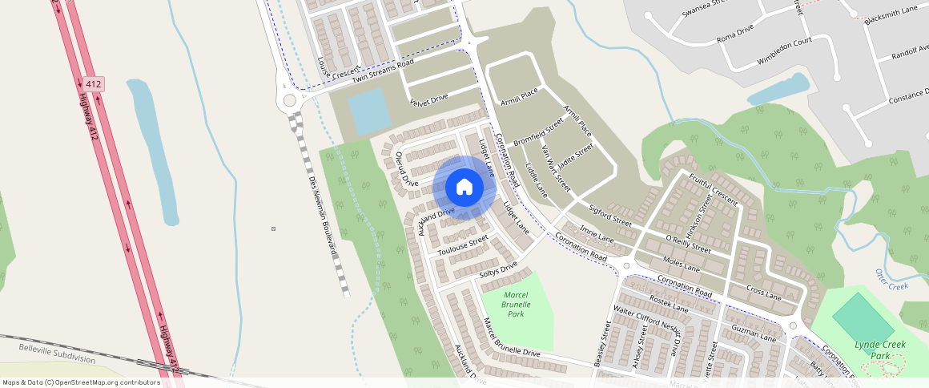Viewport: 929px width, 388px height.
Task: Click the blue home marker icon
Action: (464, 188)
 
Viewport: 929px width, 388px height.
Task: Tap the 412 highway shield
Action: (92, 83)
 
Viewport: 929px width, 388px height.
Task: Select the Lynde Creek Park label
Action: (879, 350)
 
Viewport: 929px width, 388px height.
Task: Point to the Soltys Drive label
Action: (498, 270)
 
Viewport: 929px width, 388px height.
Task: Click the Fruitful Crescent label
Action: (712, 185)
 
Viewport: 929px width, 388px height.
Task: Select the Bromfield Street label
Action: (539, 133)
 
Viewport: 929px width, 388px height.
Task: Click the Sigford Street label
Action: (610, 214)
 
